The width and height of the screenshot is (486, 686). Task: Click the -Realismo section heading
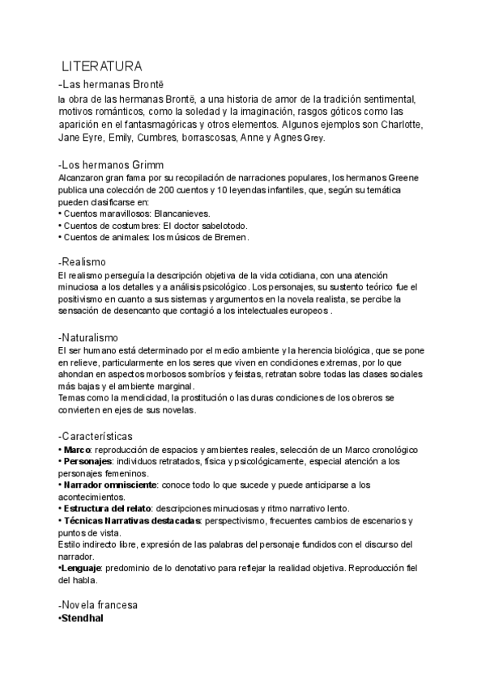point(87,262)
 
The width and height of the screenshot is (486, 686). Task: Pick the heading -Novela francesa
point(98,605)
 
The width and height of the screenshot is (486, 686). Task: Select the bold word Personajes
point(88,461)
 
